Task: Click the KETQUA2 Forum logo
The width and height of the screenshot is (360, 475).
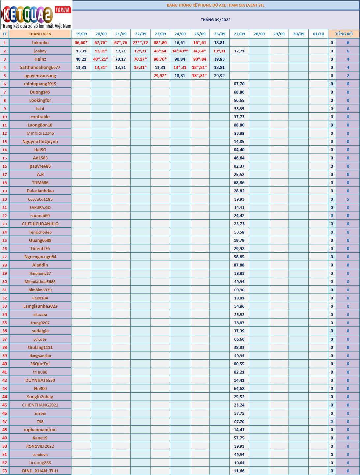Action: tap(36, 15)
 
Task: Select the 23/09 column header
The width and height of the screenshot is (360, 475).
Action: tap(160, 34)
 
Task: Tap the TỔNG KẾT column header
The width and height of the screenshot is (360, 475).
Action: tap(344, 34)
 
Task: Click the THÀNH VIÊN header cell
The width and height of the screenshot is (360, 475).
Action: tap(40, 34)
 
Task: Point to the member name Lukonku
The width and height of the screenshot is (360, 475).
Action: tap(40, 43)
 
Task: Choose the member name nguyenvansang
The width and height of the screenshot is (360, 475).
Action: tap(40, 76)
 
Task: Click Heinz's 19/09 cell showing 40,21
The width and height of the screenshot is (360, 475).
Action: tap(81, 59)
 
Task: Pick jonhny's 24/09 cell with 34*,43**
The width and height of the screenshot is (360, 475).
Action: tap(180, 51)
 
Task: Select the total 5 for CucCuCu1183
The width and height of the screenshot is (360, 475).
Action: tap(348, 199)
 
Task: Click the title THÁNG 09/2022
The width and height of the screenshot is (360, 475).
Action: tap(216, 20)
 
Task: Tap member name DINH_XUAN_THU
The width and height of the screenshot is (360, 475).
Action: tap(40, 471)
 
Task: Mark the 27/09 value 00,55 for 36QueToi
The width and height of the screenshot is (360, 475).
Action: tap(239, 364)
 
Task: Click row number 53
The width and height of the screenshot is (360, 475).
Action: tap(5, 471)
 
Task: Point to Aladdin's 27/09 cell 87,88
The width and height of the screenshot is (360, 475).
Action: tap(239, 265)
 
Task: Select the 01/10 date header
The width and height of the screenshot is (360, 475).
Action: tap(318, 34)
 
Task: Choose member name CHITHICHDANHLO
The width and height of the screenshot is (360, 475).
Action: tap(40, 224)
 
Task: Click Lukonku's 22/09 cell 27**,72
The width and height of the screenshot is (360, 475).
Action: tap(140, 43)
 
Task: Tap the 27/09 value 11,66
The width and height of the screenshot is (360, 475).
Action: tap(239, 471)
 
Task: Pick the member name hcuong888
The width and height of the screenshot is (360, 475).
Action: tap(40, 463)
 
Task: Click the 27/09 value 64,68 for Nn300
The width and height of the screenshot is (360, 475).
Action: tap(239, 389)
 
